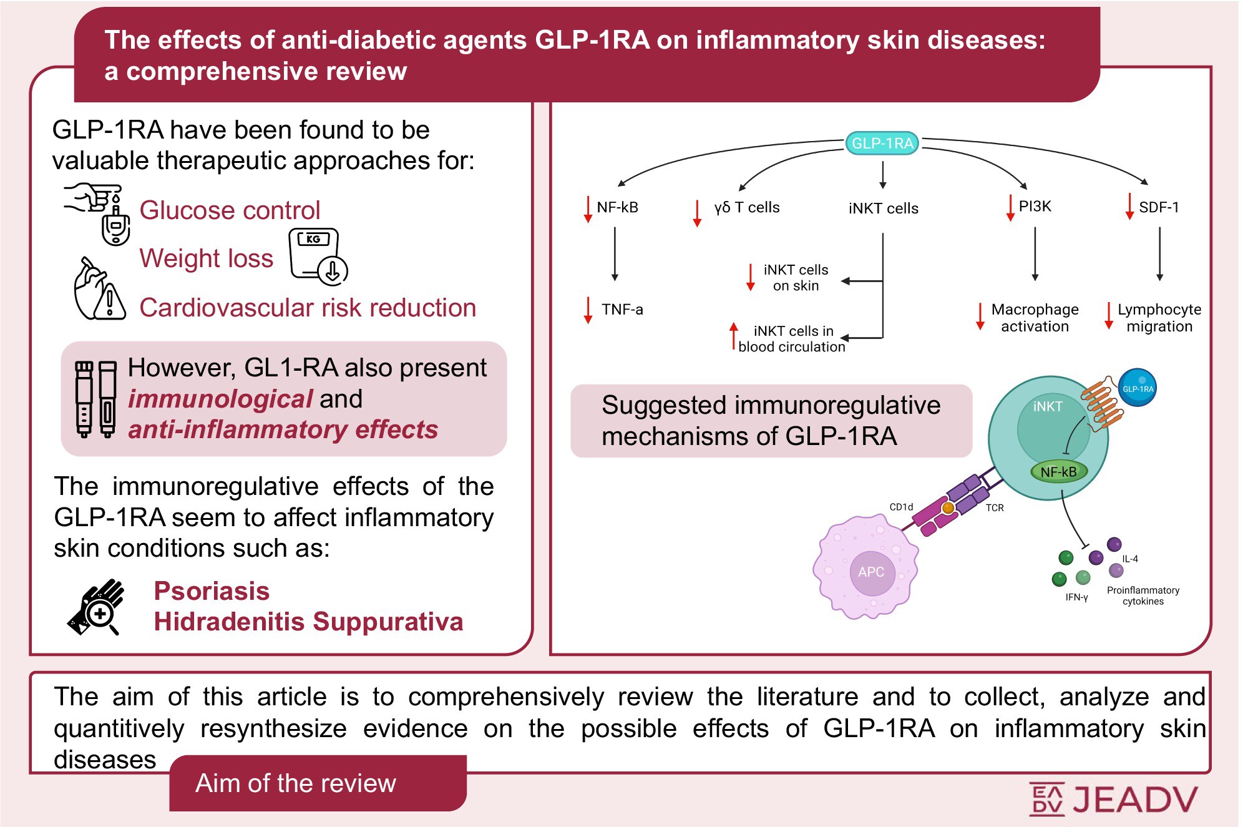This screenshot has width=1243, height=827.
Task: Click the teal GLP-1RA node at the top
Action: point(882,143)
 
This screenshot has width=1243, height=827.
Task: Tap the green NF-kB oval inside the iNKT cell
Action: point(1058,472)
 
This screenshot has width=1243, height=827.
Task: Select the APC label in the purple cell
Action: point(870,572)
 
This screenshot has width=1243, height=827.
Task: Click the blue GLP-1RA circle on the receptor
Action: point(1138,388)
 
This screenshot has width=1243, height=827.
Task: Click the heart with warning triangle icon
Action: point(99,291)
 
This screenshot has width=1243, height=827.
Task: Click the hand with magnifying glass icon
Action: point(97,607)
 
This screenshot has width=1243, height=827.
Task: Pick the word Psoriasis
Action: point(212,590)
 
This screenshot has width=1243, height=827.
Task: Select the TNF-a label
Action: point(621,310)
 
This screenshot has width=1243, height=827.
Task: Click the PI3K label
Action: point(1035,207)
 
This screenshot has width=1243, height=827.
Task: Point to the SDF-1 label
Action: point(1159,207)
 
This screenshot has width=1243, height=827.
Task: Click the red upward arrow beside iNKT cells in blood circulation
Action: point(734,335)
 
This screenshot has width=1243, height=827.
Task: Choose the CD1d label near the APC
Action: point(901,507)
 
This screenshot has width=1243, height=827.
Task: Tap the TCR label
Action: point(995,508)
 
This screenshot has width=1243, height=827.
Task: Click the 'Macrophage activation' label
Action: point(1035,318)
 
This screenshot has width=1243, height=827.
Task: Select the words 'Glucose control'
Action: point(230,210)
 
